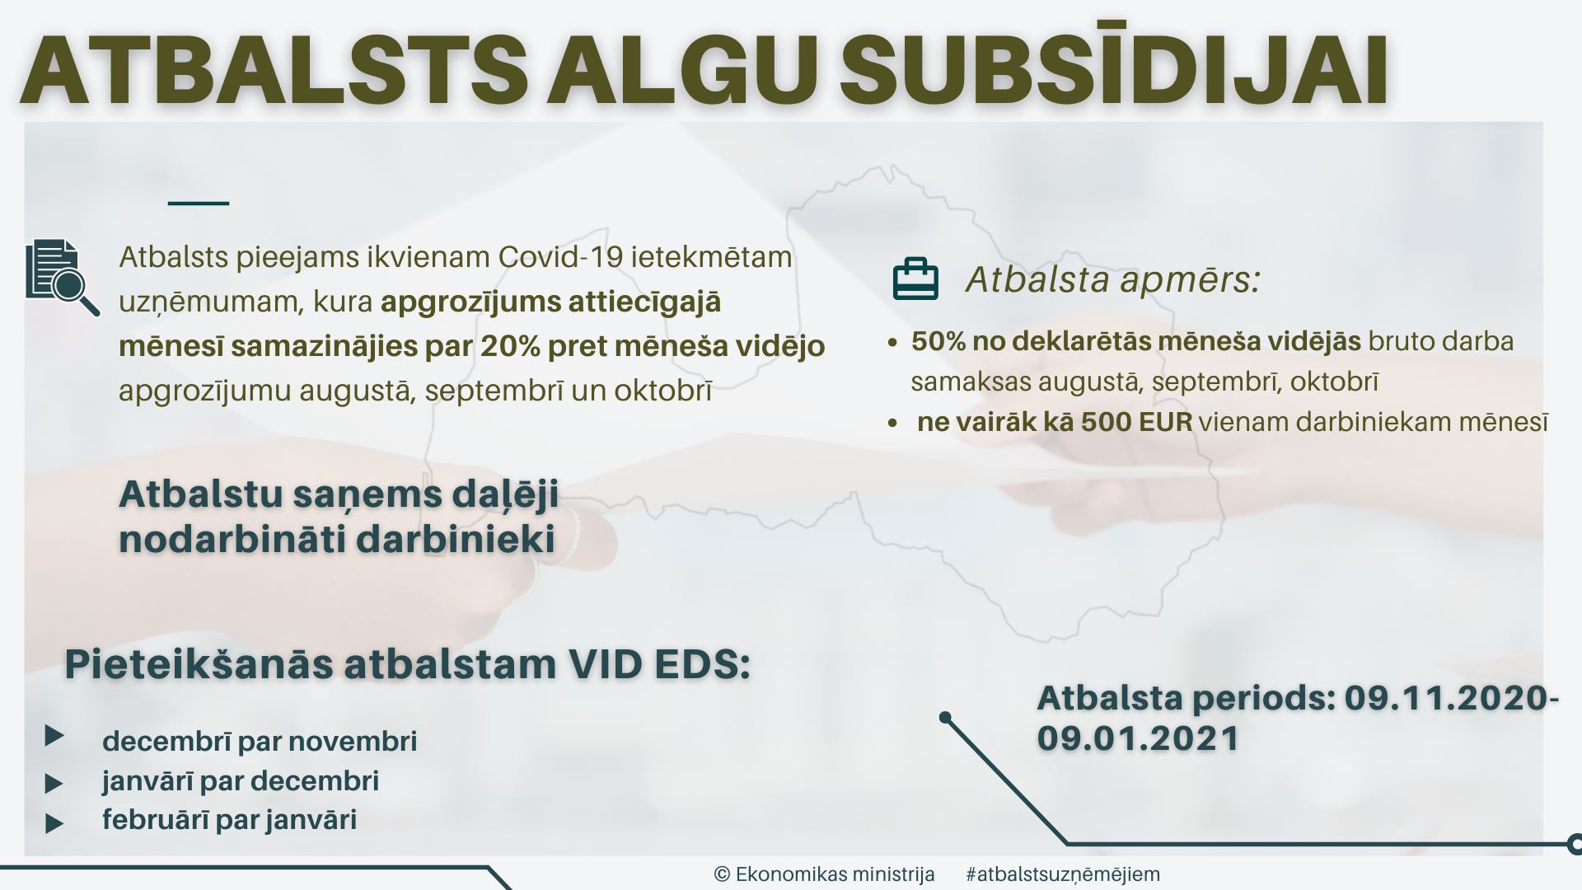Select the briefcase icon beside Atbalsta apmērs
(915, 279)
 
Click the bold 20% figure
(510, 346)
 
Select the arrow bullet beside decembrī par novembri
(54, 736)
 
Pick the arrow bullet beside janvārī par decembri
(54, 783)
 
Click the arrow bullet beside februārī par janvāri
(54, 822)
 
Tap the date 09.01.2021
(1138, 738)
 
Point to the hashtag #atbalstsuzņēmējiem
(1062, 874)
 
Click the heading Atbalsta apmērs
(1113, 279)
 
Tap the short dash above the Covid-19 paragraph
(199, 203)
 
